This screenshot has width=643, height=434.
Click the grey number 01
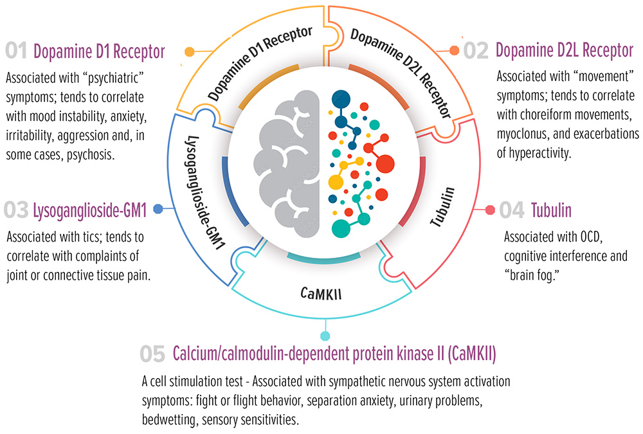pos(17,51)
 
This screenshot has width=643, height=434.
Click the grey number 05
pos(154,354)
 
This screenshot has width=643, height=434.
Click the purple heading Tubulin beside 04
pos(551,210)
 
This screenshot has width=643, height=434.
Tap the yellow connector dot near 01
pos(189,51)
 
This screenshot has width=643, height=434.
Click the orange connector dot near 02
pos(454,50)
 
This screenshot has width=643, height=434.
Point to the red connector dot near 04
pos(489,210)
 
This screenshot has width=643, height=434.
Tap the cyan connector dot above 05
pos(325,336)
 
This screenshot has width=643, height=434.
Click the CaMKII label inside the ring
pos(321,294)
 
